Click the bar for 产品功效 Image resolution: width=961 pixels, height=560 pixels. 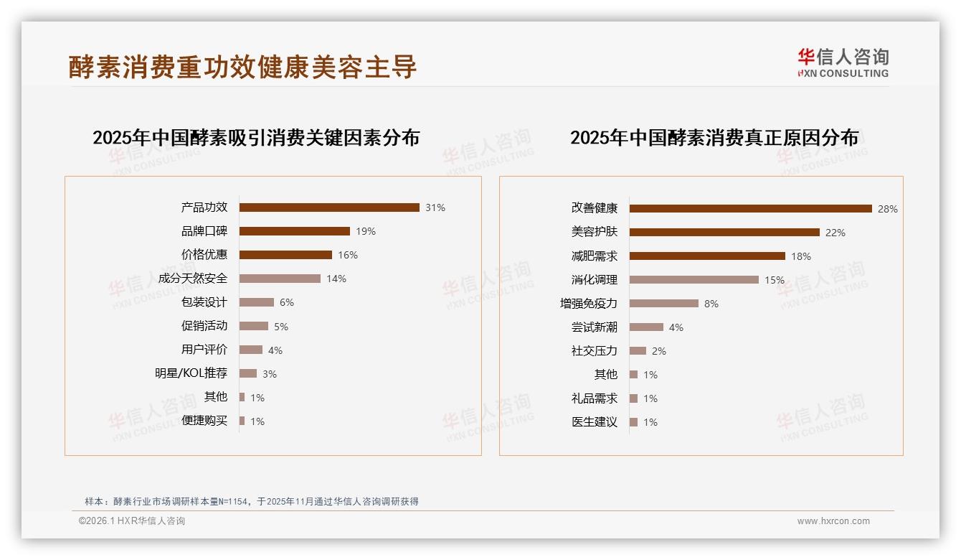point(329,207)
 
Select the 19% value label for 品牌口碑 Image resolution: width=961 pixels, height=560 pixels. point(366,231)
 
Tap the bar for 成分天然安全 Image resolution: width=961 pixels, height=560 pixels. point(280,279)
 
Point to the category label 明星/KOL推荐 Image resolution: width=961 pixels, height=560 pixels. point(191,373)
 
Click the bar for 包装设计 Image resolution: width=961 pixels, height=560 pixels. point(257,302)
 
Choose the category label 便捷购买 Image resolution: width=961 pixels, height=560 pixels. point(204,421)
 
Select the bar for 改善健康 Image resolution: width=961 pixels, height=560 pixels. point(750,209)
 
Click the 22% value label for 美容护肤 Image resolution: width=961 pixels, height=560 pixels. point(835,233)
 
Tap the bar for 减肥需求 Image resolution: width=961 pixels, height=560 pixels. point(707,256)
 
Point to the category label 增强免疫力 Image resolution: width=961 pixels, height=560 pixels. point(588,304)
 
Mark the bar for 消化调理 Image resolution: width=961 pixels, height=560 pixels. point(693,280)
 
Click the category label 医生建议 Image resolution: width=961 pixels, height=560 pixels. point(594,422)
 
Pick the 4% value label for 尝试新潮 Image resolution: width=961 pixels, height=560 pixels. point(676,327)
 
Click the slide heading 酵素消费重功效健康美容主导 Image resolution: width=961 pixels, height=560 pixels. point(242,67)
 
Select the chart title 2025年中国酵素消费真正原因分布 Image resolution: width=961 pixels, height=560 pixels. point(714,138)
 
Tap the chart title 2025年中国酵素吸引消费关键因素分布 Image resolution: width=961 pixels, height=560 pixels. point(256,138)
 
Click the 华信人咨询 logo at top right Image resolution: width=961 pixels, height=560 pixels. point(843,62)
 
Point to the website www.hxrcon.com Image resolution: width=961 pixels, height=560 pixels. point(833,521)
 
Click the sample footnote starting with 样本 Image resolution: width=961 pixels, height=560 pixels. point(251,501)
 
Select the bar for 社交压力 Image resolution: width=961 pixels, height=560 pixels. point(638,351)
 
